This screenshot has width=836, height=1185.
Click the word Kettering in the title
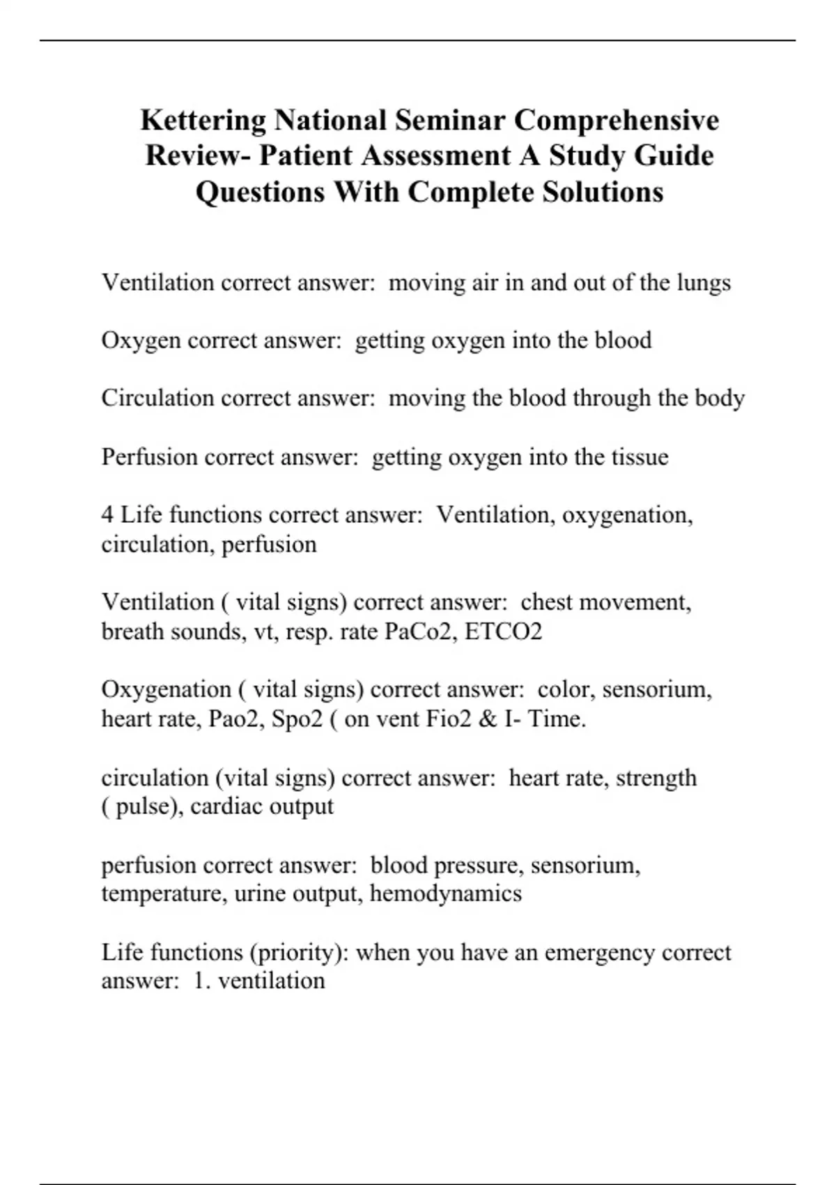point(203,121)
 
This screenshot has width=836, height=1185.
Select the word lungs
point(704,283)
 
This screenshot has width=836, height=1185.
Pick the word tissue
point(640,457)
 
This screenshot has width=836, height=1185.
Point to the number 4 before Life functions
point(107,515)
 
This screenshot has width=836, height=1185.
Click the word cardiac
point(227,806)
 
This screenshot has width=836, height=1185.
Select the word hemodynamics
point(446,894)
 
